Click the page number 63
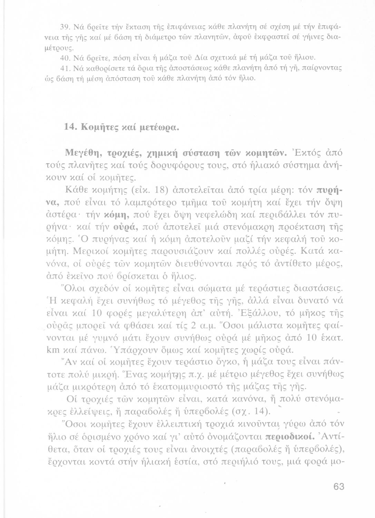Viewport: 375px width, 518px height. pyautogui.click(x=339, y=487)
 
